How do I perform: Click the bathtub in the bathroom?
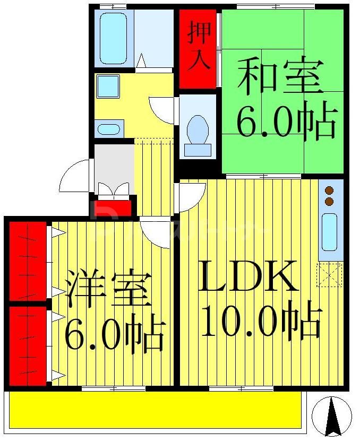pyautogui.click(x=113, y=39)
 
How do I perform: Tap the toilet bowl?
pyautogui.click(x=198, y=131)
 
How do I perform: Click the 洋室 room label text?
pyautogui.click(x=109, y=290)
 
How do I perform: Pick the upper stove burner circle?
pyautogui.click(x=329, y=191)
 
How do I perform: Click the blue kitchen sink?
pyautogui.click(x=330, y=232)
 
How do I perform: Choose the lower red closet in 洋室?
pyautogui.click(x=28, y=345)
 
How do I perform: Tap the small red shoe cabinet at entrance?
pyautogui.click(x=113, y=207)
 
